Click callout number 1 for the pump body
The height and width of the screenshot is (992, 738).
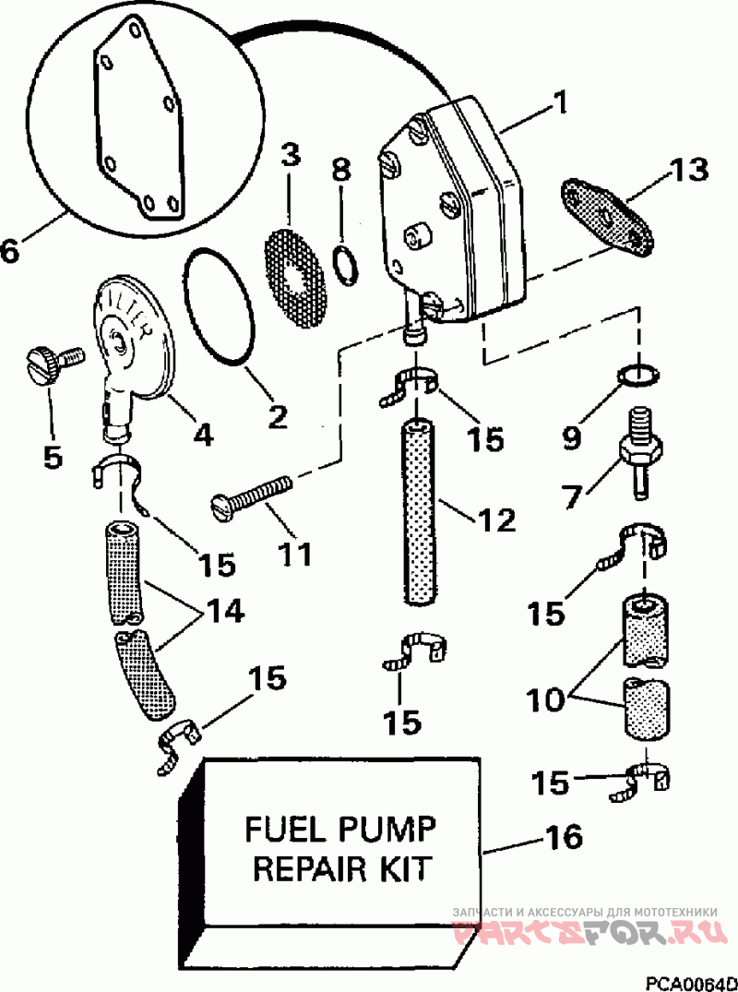pos(559,103)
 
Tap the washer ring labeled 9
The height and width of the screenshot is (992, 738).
pos(640,376)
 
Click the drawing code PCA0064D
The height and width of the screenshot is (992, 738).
pos(691,983)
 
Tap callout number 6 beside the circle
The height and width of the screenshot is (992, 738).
pos(9,250)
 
